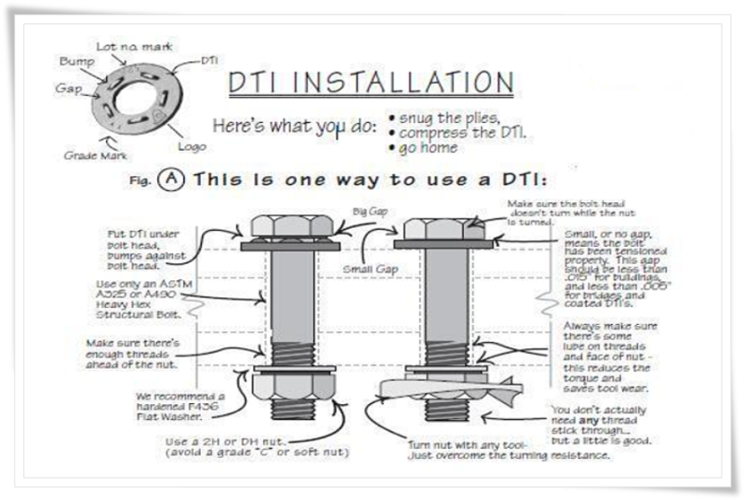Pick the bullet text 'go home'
point(428,147)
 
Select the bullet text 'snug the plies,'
point(448,117)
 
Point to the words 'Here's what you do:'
point(293,126)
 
